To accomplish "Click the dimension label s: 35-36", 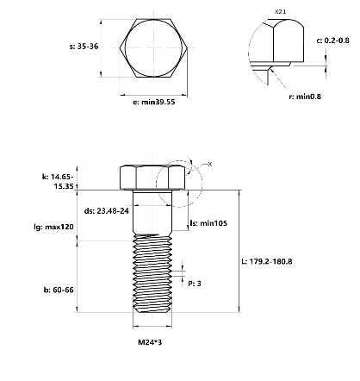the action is pos(84,47).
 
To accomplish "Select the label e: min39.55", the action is pos(154,102).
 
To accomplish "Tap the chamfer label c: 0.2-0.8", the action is pos(333,41).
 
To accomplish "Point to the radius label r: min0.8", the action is pos(305,97).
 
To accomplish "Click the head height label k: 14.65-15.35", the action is pos(58,181).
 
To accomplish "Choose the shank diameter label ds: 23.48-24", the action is pos(107,211).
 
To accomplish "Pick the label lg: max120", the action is pos(53,227).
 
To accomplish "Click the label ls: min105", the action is pos(208,223).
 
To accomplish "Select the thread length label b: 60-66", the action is pos(59,290).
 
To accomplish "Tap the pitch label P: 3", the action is pos(195,284).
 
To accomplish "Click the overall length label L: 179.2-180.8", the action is pos(267,261).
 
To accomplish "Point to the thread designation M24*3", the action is pos(150,342).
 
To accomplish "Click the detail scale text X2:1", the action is pos(280,12).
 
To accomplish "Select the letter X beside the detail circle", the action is pos(210,164).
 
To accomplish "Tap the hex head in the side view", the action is pos(152,178).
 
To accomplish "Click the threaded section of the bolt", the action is pos(152,273).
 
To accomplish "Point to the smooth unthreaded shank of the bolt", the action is pos(152,211).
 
